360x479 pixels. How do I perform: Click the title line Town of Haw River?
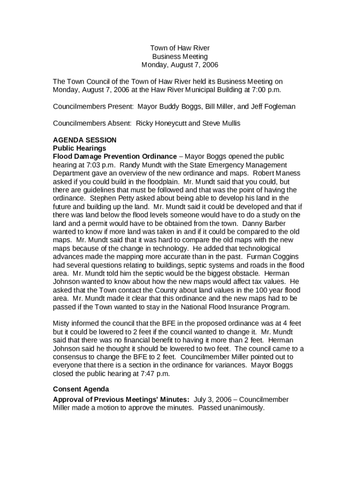tap(180, 48)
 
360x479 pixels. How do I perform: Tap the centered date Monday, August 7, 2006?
tap(180, 65)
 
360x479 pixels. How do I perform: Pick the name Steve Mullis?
tap(223, 123)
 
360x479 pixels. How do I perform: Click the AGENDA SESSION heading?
tap(85, 140)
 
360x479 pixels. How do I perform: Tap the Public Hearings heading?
tap(79, 148)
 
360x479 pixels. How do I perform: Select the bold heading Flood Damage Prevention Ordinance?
tap(115, 156)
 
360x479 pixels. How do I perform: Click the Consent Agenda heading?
tap(81, 389)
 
